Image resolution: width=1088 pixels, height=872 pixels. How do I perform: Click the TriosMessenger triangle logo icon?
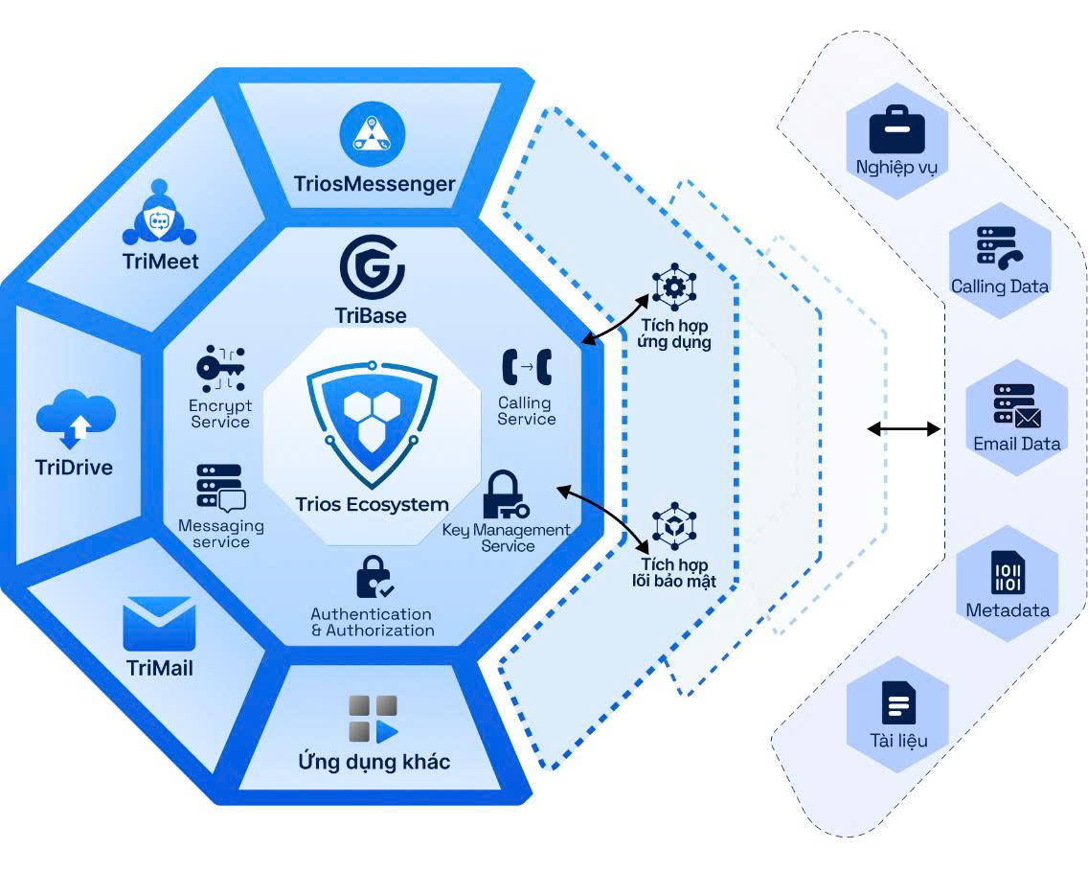point(373,135)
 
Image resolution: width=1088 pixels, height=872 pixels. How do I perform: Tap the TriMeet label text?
point(160,261)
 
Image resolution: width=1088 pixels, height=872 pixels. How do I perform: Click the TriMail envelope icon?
point(159,624)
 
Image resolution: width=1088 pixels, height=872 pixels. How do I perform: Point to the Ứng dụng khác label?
point(374,761)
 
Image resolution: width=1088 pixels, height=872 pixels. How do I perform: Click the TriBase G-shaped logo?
point(372,267)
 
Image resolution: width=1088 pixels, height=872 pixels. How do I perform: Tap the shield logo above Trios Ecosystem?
point(372,424)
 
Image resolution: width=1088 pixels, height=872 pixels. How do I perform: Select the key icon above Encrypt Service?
point(220,369)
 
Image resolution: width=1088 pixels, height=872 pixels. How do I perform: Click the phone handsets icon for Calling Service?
point(527,367)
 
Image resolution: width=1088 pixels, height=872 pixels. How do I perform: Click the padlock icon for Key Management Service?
point(505,495)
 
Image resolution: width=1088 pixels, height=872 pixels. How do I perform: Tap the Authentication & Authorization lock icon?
point(374,577)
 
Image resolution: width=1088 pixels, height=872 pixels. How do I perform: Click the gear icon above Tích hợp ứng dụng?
point(674,287)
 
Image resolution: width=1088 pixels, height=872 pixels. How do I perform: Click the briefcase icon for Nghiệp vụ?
point(897,129)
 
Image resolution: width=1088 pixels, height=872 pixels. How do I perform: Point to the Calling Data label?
point(999,287)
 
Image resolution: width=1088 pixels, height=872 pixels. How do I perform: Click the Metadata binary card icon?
point(1009,573)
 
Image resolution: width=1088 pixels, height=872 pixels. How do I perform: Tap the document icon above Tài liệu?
point(898,702)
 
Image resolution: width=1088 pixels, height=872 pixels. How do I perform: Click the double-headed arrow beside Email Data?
point(904,429)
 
